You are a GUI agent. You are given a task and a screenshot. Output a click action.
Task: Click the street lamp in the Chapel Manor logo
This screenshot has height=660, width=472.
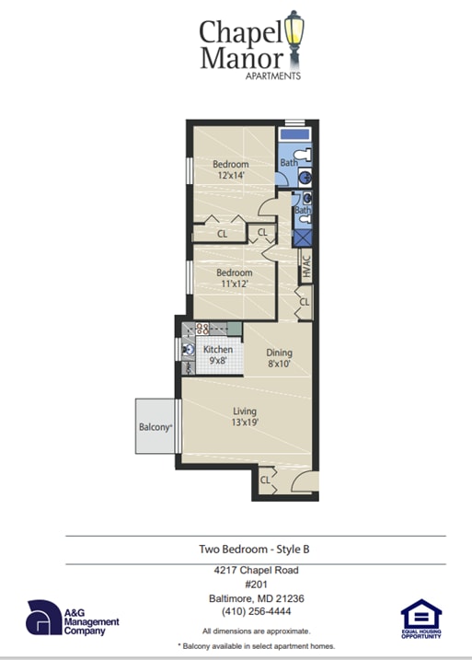294,34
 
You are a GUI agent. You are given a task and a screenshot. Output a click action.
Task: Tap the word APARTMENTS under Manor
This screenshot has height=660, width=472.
271,76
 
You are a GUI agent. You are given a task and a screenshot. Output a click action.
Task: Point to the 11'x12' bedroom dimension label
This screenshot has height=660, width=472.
234,285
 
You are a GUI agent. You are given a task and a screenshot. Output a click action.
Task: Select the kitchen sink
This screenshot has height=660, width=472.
188,350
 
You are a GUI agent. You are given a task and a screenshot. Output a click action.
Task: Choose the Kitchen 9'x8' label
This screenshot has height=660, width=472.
218,356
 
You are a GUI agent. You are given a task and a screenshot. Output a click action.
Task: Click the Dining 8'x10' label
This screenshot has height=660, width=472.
279,358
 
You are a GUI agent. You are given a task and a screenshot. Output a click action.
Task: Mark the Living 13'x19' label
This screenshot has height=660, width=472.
244,417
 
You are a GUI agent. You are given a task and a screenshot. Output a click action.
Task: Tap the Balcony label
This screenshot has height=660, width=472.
155,427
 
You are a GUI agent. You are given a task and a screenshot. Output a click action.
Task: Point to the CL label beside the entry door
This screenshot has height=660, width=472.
265,480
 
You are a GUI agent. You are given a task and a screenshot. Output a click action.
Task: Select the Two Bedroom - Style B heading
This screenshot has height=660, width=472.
255,550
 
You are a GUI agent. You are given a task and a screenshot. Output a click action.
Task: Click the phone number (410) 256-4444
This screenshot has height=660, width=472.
255,612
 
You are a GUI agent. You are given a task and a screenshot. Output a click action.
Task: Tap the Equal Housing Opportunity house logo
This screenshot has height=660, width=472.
421,615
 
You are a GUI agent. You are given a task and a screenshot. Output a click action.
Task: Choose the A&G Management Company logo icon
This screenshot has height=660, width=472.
43,618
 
